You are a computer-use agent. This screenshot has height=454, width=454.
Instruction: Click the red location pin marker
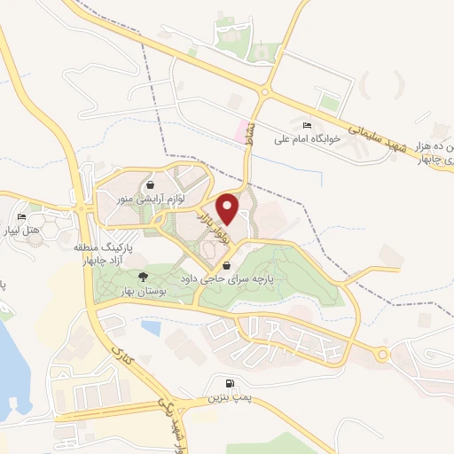point(228,208)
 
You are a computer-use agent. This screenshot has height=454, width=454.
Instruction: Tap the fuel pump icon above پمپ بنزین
point(231,385)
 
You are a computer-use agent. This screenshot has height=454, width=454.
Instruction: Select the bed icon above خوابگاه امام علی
point(307,125)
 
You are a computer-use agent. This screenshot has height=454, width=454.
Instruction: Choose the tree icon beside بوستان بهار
point(144,277)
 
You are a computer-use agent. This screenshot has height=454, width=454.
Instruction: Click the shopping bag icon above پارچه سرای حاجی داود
point(227,264)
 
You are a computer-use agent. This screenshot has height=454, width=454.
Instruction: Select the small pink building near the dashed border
point(237,130)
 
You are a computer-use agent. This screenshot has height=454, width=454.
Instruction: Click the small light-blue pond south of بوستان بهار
point(151,328)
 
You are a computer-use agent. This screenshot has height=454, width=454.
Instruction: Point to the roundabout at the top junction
point(266,92)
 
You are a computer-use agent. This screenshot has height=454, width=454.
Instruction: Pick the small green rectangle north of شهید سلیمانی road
point(329,103)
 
